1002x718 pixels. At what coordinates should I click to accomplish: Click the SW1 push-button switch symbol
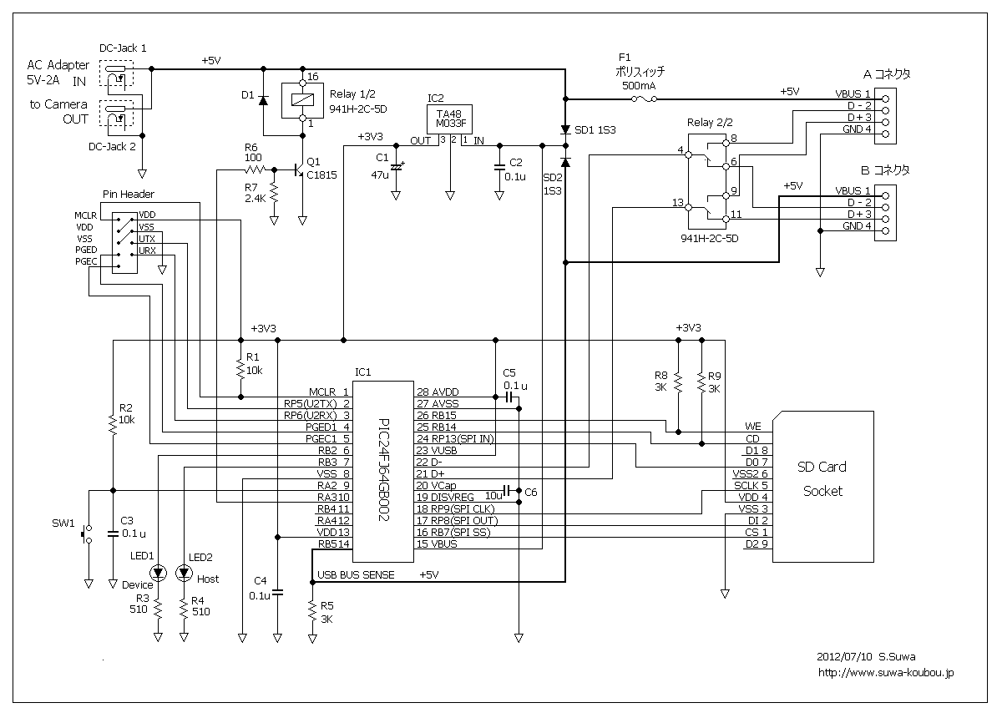86,534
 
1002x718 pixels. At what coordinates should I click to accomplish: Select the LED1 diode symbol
158,572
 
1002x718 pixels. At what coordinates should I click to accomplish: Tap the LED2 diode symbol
184,572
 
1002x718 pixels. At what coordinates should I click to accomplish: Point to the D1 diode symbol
264,100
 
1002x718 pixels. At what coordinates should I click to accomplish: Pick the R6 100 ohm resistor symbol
256,169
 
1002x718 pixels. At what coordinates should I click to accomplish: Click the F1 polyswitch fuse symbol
644,99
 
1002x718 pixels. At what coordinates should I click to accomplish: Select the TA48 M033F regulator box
449,119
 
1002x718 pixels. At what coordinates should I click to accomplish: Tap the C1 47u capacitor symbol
396,167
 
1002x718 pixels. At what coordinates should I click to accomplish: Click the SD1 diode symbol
565,129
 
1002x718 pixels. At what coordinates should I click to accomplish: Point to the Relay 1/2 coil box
302,100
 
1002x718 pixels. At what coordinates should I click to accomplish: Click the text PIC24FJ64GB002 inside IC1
384,470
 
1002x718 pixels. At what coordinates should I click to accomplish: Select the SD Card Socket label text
822,478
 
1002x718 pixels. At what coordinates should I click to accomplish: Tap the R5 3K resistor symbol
312,610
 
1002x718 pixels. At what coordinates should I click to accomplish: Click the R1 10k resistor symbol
240,369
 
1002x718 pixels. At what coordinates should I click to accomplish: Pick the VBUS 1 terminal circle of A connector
885,99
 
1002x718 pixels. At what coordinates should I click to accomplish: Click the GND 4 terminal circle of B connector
885,230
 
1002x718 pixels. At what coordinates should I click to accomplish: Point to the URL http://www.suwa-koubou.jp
886,672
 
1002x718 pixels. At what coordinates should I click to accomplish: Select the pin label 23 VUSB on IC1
437,450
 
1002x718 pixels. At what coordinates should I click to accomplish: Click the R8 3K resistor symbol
678,382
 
